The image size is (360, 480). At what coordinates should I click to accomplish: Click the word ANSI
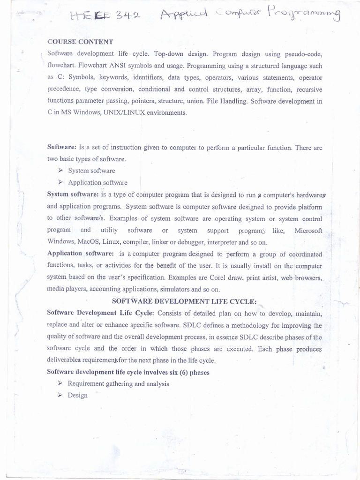tap(118, 66)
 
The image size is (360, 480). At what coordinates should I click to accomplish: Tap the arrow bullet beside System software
tap(60, 171)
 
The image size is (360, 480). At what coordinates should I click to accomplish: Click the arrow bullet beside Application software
tap(60, 182)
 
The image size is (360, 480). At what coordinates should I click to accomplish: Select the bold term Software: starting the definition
tap(62, 147)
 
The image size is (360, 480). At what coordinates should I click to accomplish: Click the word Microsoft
tap(308, 230)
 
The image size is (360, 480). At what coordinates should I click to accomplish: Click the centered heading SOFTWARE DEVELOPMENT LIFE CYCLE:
tap(184, 301)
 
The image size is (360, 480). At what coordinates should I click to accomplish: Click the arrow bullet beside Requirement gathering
tap(60, 383)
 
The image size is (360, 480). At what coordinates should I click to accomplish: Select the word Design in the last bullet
tap(77, 395)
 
